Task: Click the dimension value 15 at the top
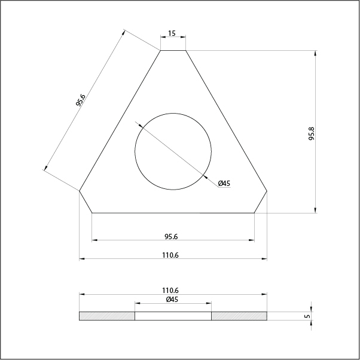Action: pos(172,33)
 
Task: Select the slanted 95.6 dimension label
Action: pos(80,100)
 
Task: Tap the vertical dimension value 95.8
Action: pos(312,133)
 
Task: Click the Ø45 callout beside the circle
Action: pos(224,184)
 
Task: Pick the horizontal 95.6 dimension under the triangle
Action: pos(171,236)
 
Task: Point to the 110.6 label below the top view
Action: pos(170,255)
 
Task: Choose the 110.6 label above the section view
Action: pos(170,291)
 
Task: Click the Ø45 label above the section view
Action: pos(172,300)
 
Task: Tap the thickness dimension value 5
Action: pos(307,316)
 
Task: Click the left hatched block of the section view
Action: pos(107,316)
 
